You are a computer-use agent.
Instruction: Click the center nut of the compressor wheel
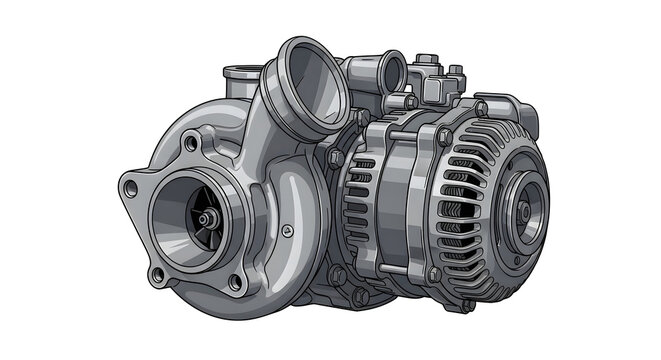(x=205, y=217)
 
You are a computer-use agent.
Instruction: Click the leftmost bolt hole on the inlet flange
(x=128, y=186)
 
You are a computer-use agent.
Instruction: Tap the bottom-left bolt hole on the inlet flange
(x=156, y=273)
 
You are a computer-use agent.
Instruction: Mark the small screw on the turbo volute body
(x=288, y=231)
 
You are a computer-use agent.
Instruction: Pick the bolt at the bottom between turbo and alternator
(x=349, y=292)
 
